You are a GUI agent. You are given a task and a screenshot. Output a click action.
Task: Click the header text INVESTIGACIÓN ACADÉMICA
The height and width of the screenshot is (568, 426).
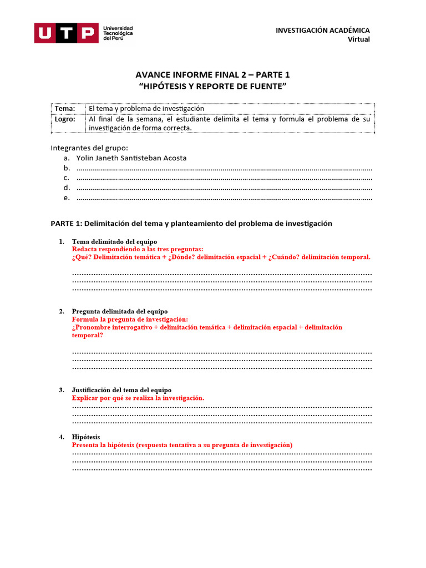(322, 30)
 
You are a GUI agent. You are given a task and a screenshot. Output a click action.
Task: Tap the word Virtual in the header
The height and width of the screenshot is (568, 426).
(358, 39)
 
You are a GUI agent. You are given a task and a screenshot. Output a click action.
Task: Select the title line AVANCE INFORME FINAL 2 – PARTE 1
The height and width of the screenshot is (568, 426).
(213, 75)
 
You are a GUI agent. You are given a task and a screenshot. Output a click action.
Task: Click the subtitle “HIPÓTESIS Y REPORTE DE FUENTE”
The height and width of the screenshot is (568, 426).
(213, 86)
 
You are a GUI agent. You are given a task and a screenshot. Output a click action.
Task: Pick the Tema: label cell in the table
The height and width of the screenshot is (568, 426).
(65, 109)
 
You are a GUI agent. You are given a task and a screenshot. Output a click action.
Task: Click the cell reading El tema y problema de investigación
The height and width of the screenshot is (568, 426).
(146, 109)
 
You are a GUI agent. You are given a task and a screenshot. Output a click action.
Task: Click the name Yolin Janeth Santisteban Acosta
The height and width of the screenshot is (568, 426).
(131, 158)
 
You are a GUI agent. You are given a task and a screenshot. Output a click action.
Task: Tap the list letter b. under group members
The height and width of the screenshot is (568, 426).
(67, 168)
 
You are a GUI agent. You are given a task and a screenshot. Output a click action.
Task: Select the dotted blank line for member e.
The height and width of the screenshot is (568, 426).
(224, 198)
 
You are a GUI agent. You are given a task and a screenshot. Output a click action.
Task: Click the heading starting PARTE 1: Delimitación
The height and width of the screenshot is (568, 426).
(191, 224)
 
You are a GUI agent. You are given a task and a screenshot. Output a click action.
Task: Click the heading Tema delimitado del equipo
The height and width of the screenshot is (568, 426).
(114, 242)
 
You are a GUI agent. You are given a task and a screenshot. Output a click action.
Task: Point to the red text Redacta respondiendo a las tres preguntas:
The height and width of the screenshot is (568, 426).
(138, 250)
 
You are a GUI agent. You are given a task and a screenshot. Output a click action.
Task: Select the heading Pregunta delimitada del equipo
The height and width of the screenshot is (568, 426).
(120, 312)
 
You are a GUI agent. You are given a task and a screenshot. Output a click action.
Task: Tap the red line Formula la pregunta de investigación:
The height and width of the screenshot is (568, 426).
(130, 319)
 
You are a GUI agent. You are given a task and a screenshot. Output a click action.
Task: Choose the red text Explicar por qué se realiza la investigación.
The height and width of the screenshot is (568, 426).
(138, 398)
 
